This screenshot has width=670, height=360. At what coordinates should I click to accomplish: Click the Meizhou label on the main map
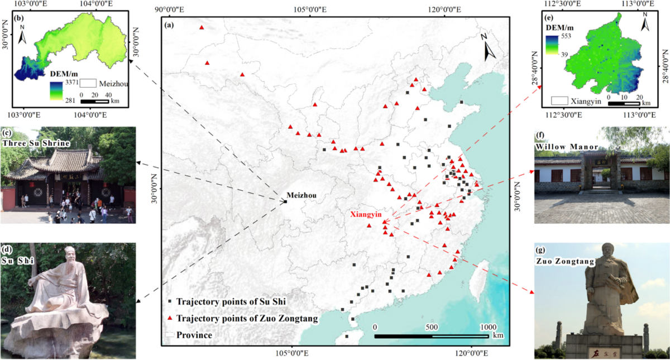(301, 195)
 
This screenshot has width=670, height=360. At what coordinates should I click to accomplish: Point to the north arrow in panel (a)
(490, 47)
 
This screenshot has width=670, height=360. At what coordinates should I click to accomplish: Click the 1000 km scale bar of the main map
(432, 336)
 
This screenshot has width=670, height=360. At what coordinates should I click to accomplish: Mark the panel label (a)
(170, 25)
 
